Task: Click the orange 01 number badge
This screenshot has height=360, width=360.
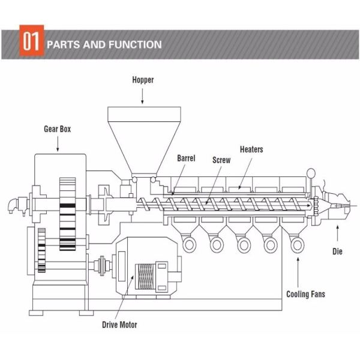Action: click(x=31, y=43)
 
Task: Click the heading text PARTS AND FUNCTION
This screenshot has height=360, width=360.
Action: click(x=104, y=44)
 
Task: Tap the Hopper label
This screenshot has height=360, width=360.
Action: click(x=143, y=80)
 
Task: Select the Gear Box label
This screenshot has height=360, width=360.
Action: click(x=58, y=128)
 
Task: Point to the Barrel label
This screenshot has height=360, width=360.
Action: click(x=187, y=158)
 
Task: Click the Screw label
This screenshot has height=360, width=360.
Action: click(x=221, y=160)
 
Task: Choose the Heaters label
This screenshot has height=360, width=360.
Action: click(x=251, y=149)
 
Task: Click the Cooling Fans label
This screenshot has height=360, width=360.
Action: click(x=306, y=294)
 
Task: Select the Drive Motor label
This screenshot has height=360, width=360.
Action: click(x=119, y=325)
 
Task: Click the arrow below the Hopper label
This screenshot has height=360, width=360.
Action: click(x=143, y=95)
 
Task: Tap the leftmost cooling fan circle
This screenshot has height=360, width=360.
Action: click(x=190, y=244)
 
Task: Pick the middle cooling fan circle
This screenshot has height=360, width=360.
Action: click(x=243, y=244)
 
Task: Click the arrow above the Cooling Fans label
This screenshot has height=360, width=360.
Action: click(x=298, y=270)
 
